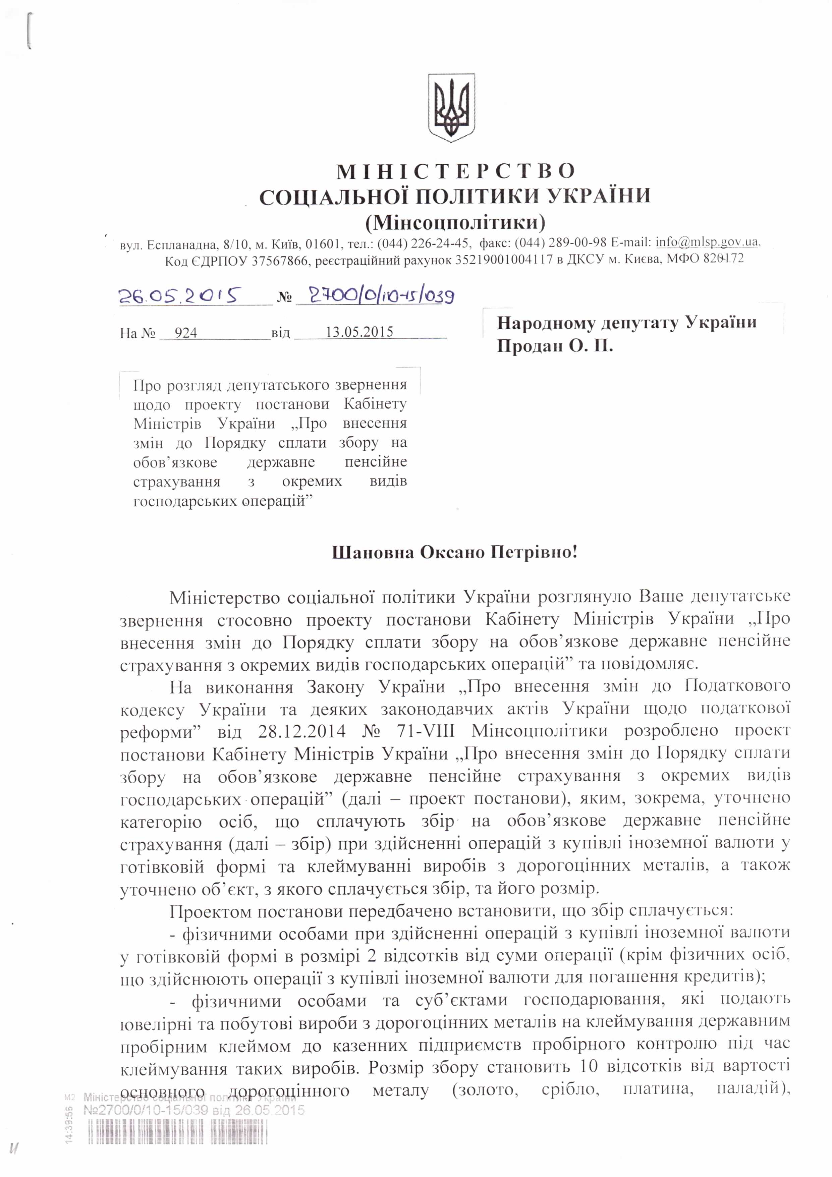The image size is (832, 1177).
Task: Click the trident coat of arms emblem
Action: (x=451, y=108)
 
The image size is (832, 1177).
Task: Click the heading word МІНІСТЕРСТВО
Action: (x=456, y=171)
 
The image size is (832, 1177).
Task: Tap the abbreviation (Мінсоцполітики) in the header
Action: (x=455, y=222)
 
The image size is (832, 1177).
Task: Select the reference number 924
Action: (x=185, y=333)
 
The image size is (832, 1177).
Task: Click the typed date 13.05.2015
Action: (x=359, y=332)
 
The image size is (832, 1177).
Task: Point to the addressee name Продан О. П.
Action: (x=555, y=346)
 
